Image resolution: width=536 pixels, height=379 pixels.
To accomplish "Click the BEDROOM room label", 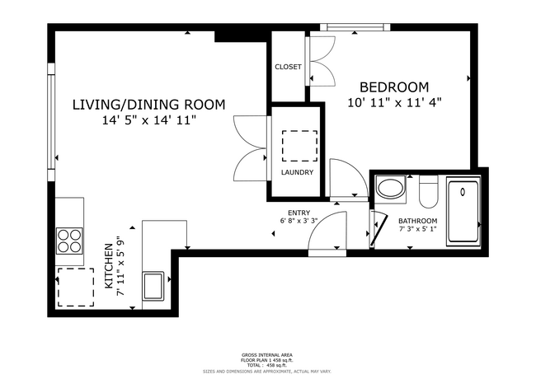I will coord(393,87).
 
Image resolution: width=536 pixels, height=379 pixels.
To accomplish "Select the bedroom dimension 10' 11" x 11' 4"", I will coord(394,103).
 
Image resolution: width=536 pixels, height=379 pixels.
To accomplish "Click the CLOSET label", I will coord(288,67).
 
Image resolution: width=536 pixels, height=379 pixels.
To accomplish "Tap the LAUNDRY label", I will coord(296,172).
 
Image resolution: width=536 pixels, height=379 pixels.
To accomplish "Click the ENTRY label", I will coord(299,212).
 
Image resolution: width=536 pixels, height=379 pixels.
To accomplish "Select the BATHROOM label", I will coord(418,221).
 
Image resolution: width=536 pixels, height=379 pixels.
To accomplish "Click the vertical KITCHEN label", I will coord(108,265).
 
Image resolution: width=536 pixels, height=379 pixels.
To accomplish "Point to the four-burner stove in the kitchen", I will coord(69,241).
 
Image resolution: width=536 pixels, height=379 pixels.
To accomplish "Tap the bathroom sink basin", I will coord(391,189).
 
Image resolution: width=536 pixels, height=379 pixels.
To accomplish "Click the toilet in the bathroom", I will coord(427,193).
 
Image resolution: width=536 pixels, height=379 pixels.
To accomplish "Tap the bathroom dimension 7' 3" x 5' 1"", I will coord(418,230).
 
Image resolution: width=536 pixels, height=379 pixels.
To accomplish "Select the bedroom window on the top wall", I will coord(355,27).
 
